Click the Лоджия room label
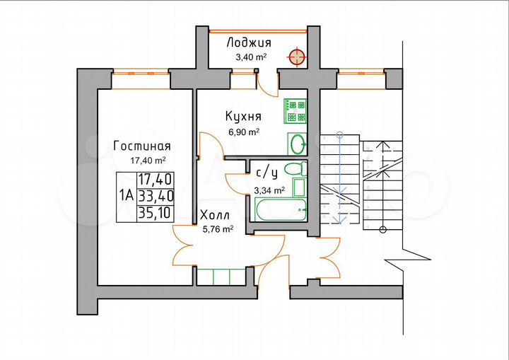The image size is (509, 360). (x=248, y=43)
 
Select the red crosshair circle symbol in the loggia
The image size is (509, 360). (x=296, y=56)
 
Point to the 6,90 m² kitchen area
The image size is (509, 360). (x=244, y=132)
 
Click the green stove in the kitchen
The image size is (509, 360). (x=296, y=111)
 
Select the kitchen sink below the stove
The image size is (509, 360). (x=298, y=144)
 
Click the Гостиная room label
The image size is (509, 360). (x=143, y=146)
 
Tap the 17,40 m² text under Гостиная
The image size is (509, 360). (x=148, y=161)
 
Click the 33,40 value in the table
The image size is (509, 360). (x=156, y=195)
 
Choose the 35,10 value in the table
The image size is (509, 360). (x=156, y=211)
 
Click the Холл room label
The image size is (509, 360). (x=213, y=215)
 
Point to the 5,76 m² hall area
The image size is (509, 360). (x=218, y=228)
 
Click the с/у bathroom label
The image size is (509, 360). (x=266, y=171)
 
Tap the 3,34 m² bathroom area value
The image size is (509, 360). (x=269, y=190)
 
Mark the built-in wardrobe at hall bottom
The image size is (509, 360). (x=221, y=277)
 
